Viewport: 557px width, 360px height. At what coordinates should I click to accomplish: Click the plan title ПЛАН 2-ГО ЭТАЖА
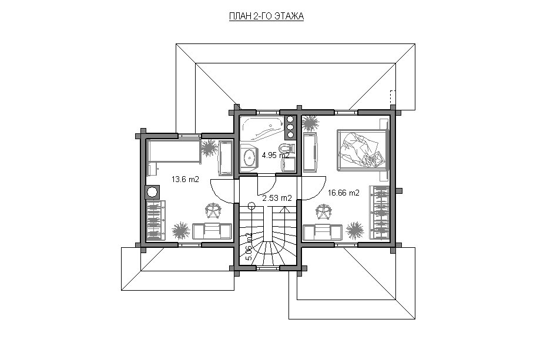pyautogui.click(x=266, y=16)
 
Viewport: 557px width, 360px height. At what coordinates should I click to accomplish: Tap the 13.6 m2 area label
pyautogui.click(x=185, y=179)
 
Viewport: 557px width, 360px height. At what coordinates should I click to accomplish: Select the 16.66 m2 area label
pyautogui.click(x=344, y=193)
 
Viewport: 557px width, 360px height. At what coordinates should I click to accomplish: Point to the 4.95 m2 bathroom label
pyautogui.click(x=276, y=155)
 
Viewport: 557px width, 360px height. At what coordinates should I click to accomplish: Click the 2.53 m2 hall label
pyautogui.click(x=277, y=198)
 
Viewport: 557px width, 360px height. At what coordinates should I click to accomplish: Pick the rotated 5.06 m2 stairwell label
pyautogui.click(x=249, y=247)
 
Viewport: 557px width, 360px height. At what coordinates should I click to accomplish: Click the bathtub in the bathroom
pyautogui.click(x=263, y=128)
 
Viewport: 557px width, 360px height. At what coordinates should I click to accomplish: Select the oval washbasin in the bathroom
pyautogui.click(x=250, y=156)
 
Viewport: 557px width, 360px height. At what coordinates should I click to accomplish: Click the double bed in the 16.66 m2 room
pyautogui.click(x=363, y=150)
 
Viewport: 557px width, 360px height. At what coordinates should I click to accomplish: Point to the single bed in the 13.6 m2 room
pyautogui.click(x=174, y=152)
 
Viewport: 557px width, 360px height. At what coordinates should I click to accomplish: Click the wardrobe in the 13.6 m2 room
pyautogui.click(x=156, y=220)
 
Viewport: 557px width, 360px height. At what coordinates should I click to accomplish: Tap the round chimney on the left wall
pyautogui.click(x=152, y=192)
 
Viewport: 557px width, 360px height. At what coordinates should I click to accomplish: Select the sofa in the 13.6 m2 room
pyautogui.click(x=212, y=231)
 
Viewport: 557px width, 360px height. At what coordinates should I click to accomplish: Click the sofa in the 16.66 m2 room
pyautogui.click(x=322, y=231)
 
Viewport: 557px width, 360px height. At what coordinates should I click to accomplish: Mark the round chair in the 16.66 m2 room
pyautogui.click(x=324, y=211)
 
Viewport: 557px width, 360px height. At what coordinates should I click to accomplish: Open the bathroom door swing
pyautogui.click(x=267, y=188)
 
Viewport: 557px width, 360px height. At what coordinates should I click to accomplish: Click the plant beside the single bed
pyautogui.click(x=209, y=149)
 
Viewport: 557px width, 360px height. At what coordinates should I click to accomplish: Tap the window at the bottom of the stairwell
pyautogui.click(x=268, y=268)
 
